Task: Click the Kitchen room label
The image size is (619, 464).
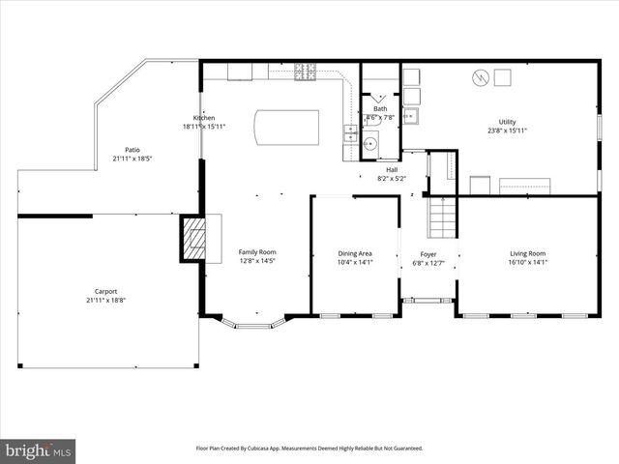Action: pos(204,118)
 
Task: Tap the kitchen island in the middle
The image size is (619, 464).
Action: pos(286,127)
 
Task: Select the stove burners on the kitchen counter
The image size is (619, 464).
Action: pos(308,71)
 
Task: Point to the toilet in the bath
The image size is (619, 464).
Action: pos(369,145)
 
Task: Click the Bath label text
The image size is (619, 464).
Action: pos(380,109)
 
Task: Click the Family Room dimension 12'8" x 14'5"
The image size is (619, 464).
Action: pos(258,261)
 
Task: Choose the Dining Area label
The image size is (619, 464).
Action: pos(354,253)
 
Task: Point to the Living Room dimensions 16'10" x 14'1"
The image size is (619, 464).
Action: pos(528,261)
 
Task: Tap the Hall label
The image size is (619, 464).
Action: pos(391,170)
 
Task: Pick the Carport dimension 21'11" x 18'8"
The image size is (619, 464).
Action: pos(106,300)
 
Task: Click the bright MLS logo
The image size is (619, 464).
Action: pos(39,450)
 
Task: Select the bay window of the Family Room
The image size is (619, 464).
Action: pos(253,324)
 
